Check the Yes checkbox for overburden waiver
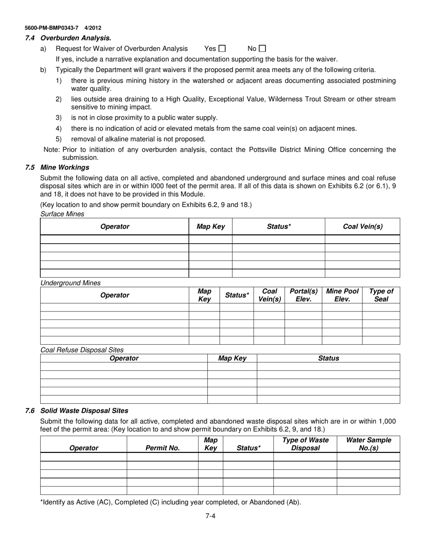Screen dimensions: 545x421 (222, 49)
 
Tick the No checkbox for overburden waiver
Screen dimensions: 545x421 (262, 49)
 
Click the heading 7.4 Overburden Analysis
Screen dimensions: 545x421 (68, 38)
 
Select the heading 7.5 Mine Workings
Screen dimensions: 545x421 (58, 167)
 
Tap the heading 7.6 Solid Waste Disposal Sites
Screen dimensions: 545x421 (77, 411)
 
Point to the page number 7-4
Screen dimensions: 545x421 (210, 515)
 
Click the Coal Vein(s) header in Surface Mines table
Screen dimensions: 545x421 (363, 226)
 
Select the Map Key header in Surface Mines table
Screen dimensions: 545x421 (210, 226)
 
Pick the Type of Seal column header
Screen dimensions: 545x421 (381, 295)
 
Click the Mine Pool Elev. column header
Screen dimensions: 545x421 (342, 295)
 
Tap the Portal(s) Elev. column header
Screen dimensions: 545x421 (303, 295)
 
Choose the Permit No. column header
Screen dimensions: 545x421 (163, 448)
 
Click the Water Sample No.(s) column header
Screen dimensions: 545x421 (368, 444)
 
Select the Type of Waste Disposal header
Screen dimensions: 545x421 (305, 444)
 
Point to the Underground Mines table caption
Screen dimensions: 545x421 (70, 283)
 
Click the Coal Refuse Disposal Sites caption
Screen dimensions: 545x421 (82, 350)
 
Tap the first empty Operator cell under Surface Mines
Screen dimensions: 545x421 (114, 239)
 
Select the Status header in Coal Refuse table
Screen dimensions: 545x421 (328, 358)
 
